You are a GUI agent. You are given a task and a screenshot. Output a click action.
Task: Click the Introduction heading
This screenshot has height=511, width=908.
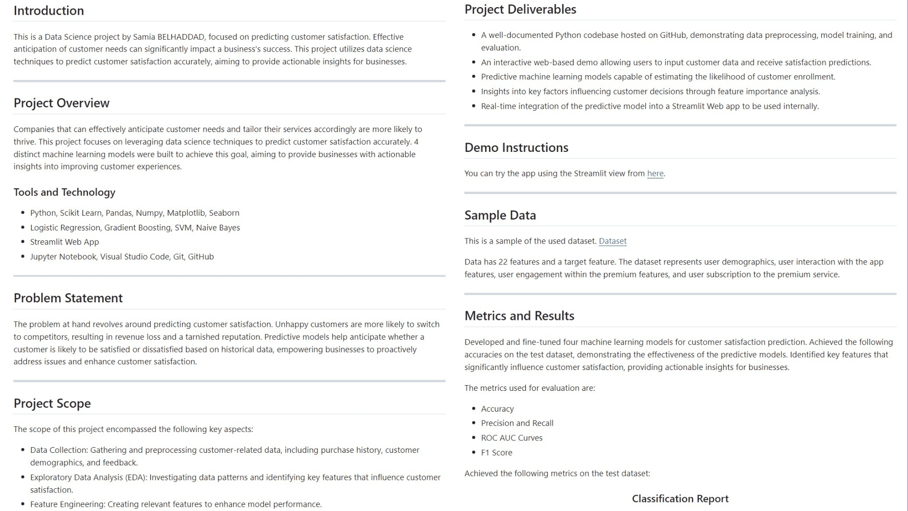click(49, 10)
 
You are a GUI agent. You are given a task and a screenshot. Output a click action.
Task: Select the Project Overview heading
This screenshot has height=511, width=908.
click(61, 103)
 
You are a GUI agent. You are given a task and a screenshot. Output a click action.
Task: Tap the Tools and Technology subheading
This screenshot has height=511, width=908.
click(64, 192)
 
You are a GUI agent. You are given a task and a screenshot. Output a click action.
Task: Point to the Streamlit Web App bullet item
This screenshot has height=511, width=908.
click(64, 242)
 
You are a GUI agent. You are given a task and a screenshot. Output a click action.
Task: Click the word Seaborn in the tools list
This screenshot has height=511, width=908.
click(224, 213)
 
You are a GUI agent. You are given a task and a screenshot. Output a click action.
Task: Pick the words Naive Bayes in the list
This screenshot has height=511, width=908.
click(218, 228)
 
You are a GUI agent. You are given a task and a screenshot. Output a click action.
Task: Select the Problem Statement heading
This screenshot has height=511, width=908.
click(68, 298)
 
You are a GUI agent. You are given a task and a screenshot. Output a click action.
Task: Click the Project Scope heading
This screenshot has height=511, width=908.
click(52, 403)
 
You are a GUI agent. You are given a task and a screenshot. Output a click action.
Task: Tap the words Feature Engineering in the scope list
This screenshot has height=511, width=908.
click(67, 504)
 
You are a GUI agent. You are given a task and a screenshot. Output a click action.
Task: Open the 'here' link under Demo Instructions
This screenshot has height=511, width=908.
click(655, 174)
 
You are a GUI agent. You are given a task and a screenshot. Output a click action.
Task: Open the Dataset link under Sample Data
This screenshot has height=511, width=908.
click(612, 241)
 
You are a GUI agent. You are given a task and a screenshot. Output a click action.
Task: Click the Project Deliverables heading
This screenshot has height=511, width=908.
click(520, 9)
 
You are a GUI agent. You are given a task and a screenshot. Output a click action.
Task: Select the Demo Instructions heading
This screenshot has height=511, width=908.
click(516, 148)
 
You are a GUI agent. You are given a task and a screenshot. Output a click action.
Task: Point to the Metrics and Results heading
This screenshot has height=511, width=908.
click(519, 316)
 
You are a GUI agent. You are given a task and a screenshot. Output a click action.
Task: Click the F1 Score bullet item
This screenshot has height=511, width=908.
click(497, 453)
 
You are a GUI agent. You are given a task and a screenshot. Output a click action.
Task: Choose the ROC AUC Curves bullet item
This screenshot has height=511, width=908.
click(512, 438)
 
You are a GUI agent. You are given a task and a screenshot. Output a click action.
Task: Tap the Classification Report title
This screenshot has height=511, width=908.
click(680, 499)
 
